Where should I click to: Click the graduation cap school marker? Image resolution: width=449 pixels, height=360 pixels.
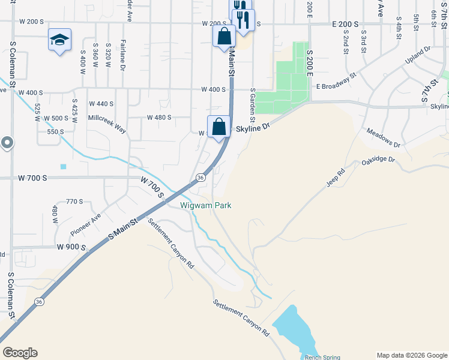(59, 40)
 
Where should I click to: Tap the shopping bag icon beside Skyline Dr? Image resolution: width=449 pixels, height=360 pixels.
(219, 127)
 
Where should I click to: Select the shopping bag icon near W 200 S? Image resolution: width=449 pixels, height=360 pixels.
(224, 35)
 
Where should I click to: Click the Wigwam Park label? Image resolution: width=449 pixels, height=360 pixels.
(206, 205)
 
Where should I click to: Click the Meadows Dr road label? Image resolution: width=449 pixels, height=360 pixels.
(383, 139)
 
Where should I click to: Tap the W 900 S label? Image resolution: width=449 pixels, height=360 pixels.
(71, 247)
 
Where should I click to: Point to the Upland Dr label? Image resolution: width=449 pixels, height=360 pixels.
(418, 56)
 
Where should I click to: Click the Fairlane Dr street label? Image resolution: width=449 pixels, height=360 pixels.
(122, 55)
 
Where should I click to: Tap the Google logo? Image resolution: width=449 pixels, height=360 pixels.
(20, 353)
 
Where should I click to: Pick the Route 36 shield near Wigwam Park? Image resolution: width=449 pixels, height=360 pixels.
(200, 178)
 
